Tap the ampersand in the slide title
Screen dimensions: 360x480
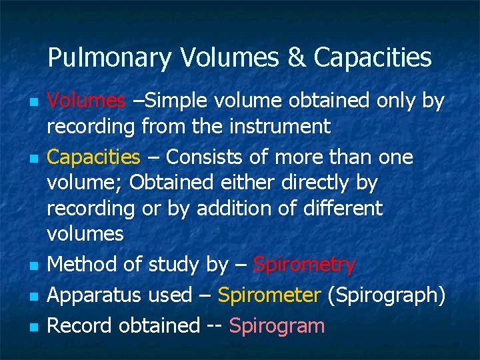point(298,58)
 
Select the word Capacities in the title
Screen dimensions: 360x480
point(373,59)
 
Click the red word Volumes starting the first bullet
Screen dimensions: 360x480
point(86,101)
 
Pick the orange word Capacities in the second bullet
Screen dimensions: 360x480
point(93,157)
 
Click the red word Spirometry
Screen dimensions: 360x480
point(305,265)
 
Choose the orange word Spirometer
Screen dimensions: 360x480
point(270,295)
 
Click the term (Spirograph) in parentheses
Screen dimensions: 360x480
point(386,295)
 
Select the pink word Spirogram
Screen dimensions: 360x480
point(277,325)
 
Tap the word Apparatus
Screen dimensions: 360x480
point(93,295)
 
